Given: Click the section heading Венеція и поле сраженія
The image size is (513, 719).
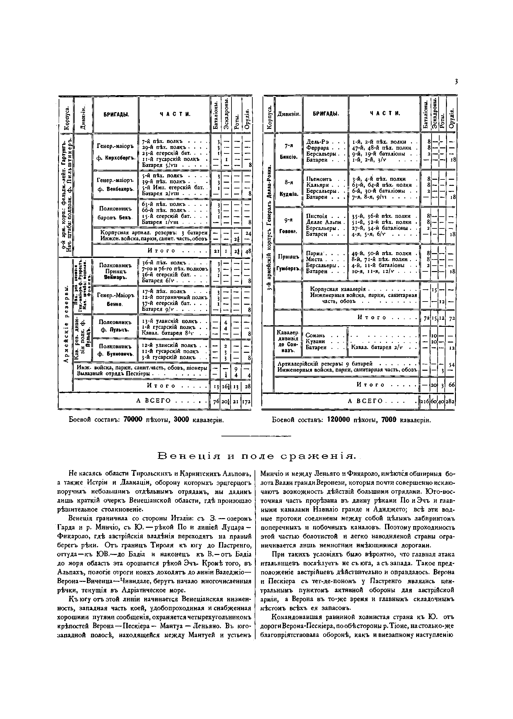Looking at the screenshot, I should pyautogui.click(x=256, y=456).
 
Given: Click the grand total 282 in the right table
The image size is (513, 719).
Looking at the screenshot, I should pyautogui.click(x=451, y=401).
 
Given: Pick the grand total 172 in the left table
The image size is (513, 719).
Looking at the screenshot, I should pyautogui.click(x=247, y=401).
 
